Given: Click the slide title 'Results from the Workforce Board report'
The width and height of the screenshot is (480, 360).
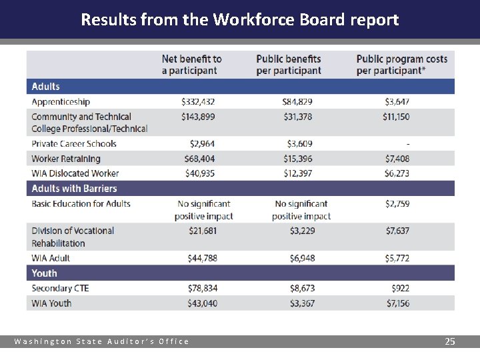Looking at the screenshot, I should [239, 19].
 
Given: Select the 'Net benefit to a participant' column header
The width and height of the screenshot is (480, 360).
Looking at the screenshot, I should [191, 65].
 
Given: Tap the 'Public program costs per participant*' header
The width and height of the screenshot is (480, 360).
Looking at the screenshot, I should [401, 65].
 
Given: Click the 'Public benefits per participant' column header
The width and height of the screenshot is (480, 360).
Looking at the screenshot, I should [288, 65].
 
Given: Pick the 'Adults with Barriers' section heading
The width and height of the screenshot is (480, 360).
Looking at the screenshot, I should [74, 189].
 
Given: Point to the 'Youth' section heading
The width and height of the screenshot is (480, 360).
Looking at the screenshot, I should [45, 273].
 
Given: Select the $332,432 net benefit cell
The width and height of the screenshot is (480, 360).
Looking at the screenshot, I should [198, 102].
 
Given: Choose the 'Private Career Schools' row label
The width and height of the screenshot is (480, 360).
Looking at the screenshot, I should [74, 144].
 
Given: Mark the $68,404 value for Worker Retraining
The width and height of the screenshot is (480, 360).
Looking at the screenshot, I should [199, 159].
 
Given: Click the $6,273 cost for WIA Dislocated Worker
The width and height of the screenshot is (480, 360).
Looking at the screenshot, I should [397, 173].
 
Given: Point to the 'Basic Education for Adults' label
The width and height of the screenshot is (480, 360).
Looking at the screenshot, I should [81, 204].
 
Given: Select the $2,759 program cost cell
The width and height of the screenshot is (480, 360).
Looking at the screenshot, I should [397, 204].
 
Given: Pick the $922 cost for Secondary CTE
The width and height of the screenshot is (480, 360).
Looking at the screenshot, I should [401, 289].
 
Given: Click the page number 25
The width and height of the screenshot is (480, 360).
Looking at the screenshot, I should [450, 341].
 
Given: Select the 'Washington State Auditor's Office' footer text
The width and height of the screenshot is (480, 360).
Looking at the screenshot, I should [102, 341].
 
